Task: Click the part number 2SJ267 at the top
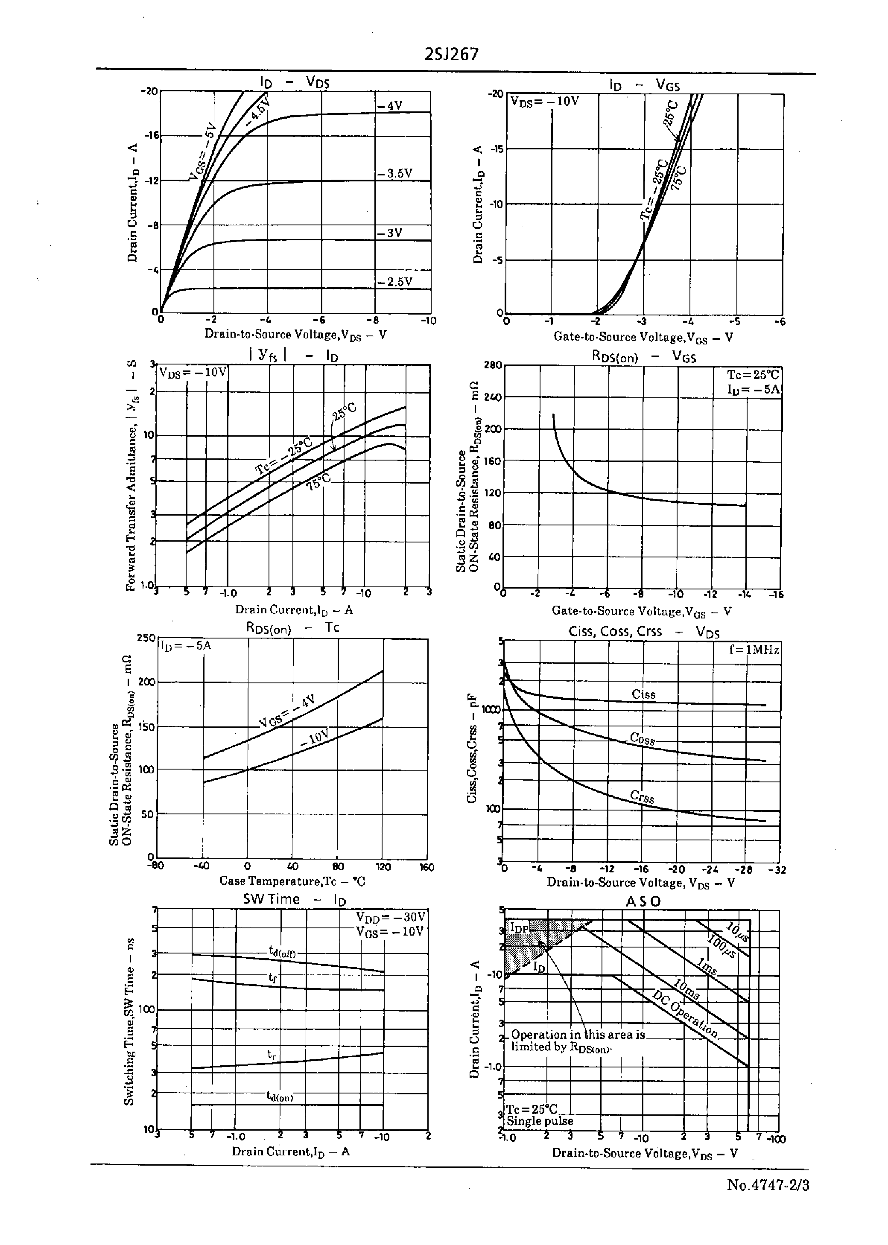coord(451,54)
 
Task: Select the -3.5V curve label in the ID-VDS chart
coord(394,174)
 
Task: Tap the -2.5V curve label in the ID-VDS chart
coord(394,282)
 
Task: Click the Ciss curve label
coord(643,695)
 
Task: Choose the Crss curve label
coord(642,797)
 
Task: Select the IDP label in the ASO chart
coord(520,928)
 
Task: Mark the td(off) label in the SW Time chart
coord(282,952)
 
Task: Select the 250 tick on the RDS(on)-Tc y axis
coord(146,638)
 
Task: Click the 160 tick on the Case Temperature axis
coord(426,867)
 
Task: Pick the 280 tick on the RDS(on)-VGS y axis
coord(493,365)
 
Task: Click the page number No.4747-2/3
coord(768,1185)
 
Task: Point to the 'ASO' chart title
coord(643,901)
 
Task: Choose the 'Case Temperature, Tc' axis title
coord(292,881)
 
